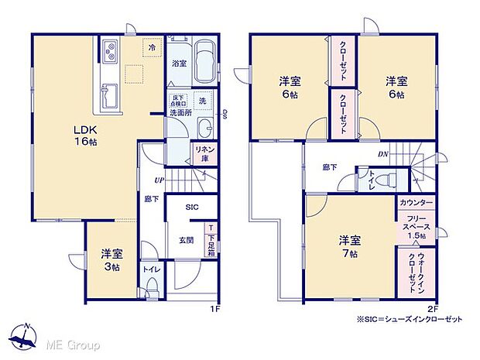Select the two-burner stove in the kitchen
tap(108, 53)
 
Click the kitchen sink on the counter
tap(108, 97)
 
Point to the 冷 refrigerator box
tap(152, 47)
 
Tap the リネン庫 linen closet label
tap(204, 152)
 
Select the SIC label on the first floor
tap(192, 207)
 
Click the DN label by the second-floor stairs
tap(382, 154)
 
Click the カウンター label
tap(416, 202)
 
